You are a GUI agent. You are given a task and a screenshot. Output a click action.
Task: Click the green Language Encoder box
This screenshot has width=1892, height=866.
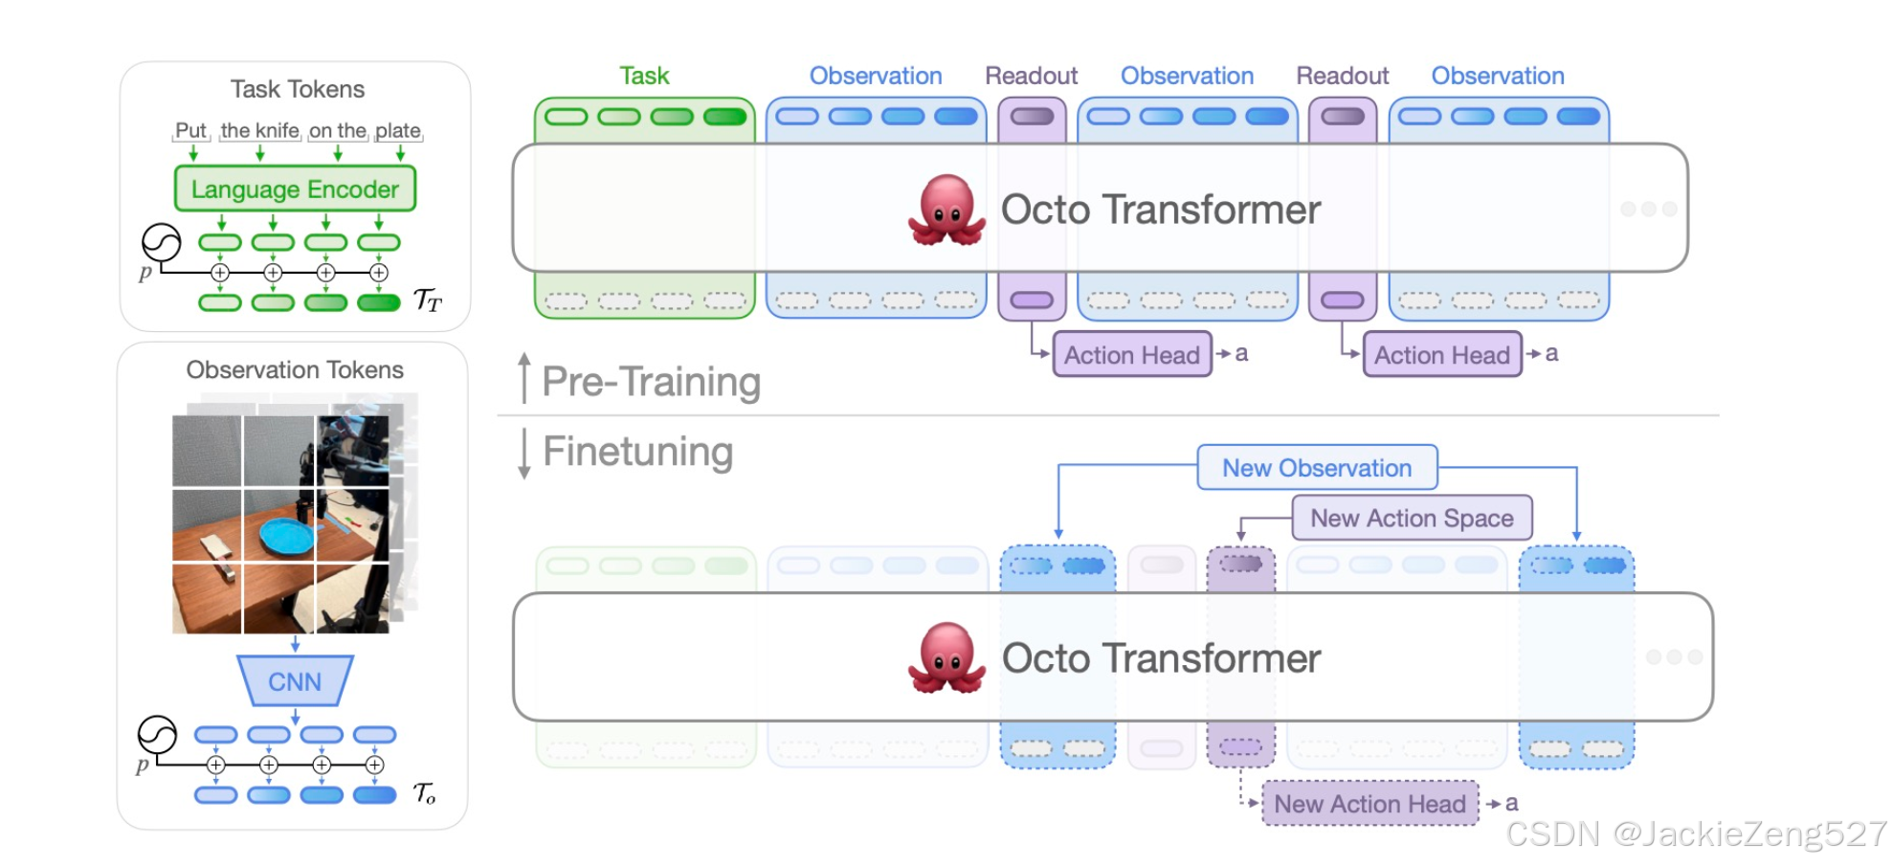(295, 189)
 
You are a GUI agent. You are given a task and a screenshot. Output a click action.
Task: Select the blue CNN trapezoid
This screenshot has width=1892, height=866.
(295, 680)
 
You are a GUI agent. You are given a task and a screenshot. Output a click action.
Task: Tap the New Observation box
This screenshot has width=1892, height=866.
(1317, 468)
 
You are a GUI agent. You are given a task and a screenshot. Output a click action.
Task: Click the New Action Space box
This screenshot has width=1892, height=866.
(1412, 518)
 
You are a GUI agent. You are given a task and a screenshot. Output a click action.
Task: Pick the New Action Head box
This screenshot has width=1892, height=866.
(1369, 804)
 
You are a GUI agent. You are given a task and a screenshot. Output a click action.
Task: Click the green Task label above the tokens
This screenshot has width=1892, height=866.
(644, 76)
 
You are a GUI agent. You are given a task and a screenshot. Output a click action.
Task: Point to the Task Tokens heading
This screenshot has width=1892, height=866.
(298, 89)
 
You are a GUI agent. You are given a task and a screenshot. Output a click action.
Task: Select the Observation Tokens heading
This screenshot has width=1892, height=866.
(295, 369)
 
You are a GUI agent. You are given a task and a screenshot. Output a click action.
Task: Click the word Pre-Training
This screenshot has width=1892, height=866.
(651, 382)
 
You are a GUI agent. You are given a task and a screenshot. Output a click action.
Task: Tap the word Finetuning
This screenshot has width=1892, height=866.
(637, 452)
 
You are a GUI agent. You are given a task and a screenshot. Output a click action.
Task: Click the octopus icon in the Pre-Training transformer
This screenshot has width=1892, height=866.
(946, 210)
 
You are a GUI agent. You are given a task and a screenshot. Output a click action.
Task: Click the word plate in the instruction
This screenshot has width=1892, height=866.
(398, 130)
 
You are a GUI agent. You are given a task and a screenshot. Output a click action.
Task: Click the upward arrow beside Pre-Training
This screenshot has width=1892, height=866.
(523, 378)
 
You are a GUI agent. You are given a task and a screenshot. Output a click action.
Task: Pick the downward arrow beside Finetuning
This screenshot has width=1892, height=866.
(523, 454)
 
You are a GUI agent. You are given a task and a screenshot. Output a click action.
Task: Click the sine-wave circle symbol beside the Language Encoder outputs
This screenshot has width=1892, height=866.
(161, 242)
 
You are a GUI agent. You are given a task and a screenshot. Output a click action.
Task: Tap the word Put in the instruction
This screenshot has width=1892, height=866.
(190, 130)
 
